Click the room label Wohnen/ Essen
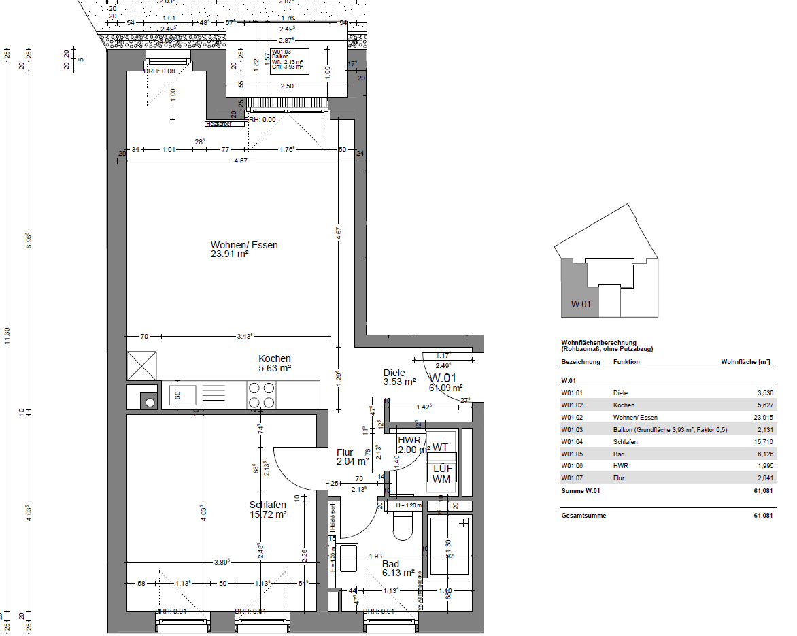(244, 245)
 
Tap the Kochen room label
(275, 358)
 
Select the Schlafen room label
(267, 505)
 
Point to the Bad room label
(390, 564)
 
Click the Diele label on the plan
(394, 373)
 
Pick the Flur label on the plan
(345, 452)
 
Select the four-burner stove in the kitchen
(261, 395)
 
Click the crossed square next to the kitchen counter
(141, 366)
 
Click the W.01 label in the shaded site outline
(580, 305)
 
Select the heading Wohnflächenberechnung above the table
(598, 342)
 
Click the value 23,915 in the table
(760, 417)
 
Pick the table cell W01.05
(572, 454)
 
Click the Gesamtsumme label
(580, 516)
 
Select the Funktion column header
(626, 361)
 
